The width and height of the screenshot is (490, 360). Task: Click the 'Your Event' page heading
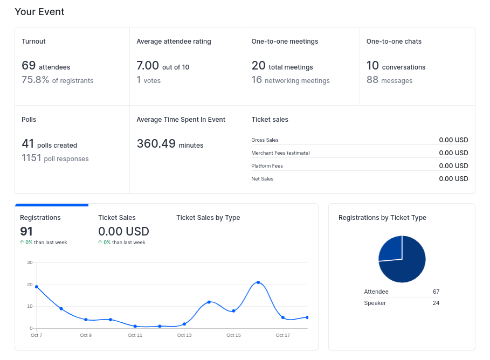point(39,12)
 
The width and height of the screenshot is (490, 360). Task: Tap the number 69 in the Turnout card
point(29,66)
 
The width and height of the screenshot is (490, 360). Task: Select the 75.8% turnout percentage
point(36,80)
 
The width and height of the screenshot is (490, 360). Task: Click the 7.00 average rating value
point(148,66)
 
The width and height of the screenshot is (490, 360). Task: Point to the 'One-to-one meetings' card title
point(285,41)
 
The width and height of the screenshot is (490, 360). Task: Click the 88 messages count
point(372,80)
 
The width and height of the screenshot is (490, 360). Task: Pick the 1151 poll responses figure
point(31,158)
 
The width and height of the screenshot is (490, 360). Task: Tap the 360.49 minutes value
point(156,144)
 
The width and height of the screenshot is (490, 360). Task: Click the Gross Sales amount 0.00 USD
point(453,140)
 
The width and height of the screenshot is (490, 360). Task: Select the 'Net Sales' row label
point(262,179)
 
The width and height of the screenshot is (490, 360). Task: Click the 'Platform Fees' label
point(267,166)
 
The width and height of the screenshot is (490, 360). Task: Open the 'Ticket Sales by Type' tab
point(208,218)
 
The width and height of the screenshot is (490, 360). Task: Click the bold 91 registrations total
point(26,232)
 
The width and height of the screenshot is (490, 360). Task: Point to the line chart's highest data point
point(258,282)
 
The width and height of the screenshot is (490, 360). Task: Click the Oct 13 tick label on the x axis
point(184,335)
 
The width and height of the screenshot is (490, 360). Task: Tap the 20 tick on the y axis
point(30,285)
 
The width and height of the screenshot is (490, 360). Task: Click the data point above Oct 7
point(37,287)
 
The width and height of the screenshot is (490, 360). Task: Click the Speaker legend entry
point(375,303)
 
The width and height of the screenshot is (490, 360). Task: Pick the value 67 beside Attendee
point(436,292)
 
